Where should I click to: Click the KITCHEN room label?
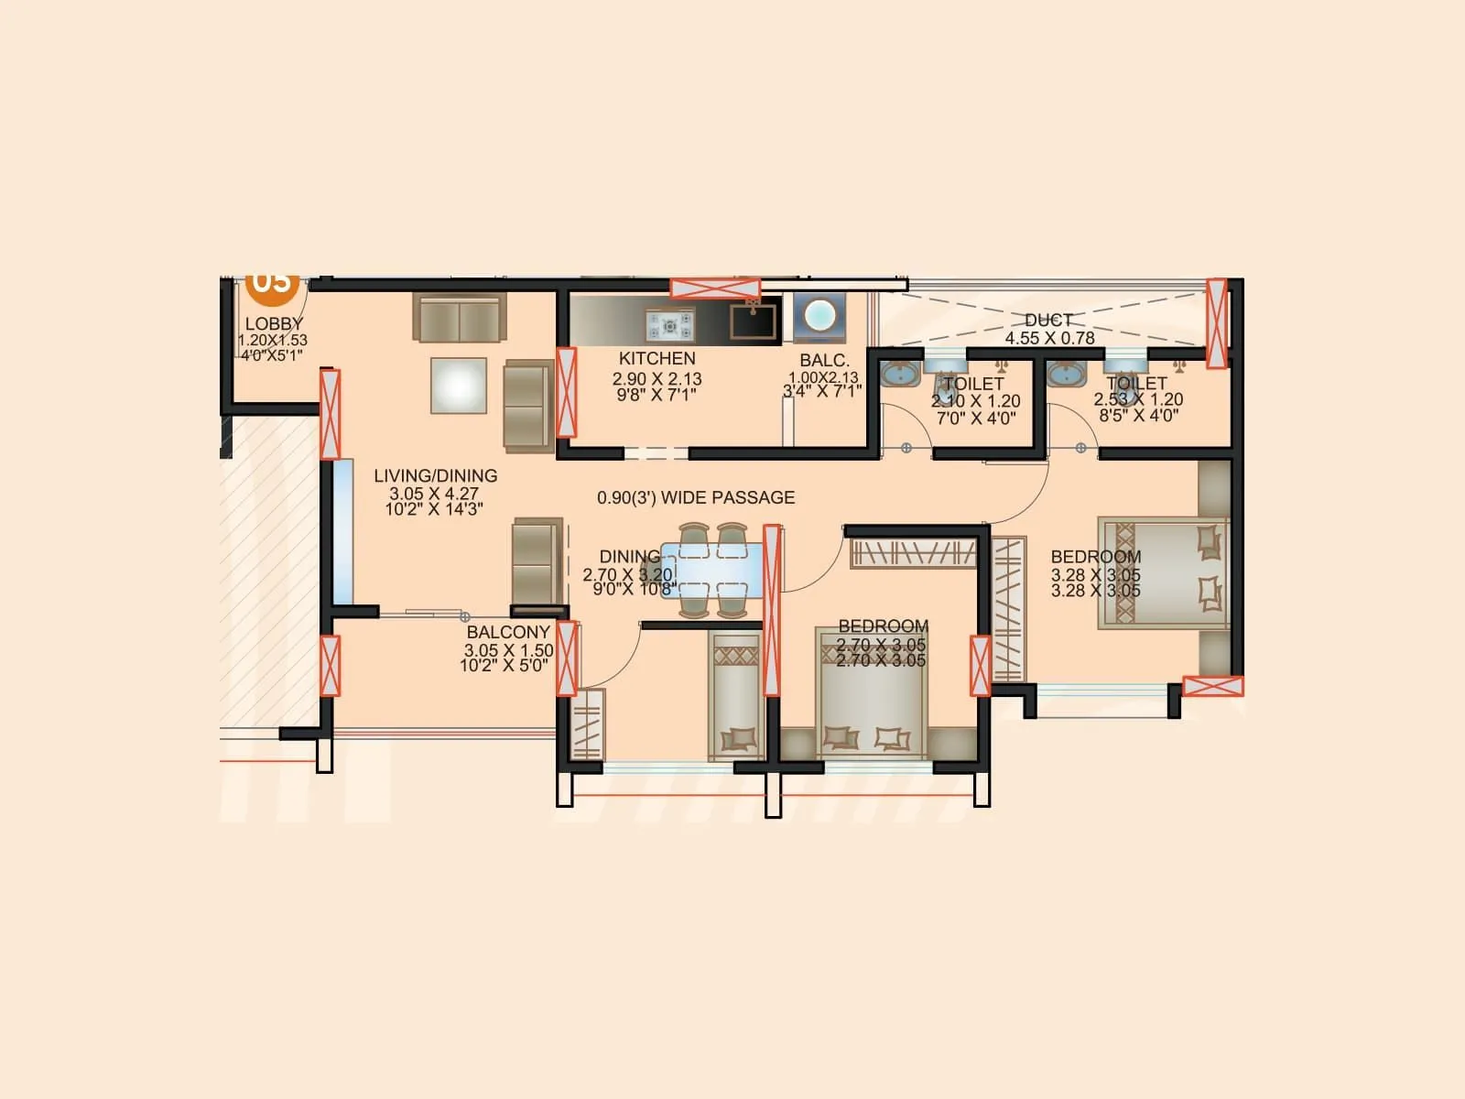pos(657,358)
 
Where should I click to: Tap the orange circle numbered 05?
pos(272,282)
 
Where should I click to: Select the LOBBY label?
pos(274,323)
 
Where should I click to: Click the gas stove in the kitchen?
pos(670,323)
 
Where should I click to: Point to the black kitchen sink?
pos(753,321)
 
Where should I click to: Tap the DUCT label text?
pos(1048,320)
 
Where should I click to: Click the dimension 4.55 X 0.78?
pos(1049,338)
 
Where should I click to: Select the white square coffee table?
pos(459,385)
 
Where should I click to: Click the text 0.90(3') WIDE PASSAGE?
pos(696,497)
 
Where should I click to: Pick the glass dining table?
pos(712,570)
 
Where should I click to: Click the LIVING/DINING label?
pos(435,475)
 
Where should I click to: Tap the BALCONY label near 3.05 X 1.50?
pos(508,632)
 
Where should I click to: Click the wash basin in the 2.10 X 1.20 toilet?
pos(901,375)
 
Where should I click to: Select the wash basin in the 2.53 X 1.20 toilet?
pos(1065,375)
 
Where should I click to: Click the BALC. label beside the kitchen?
pos(824,361)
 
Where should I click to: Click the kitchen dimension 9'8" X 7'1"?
pos(657,396)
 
